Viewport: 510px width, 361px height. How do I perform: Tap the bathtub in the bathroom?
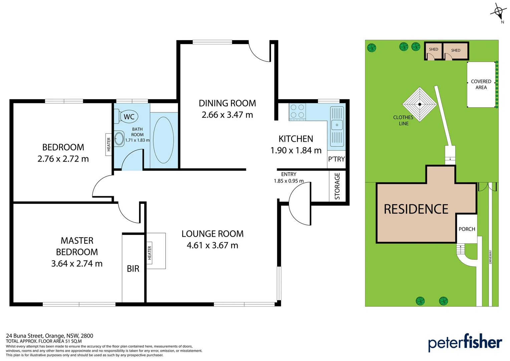tap(163, 140)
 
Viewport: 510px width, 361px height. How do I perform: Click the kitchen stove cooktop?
tap(297, 111)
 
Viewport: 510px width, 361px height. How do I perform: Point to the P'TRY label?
tap(336, 159)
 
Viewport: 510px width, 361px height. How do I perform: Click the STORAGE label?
tap(337, 186)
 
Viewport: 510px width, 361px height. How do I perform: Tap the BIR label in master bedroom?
tap(133, 269)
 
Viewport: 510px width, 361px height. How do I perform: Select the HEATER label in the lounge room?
tap(150, 253)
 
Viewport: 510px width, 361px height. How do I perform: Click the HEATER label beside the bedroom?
tap(108, 145)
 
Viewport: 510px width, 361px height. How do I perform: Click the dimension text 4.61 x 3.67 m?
tap(212, 245)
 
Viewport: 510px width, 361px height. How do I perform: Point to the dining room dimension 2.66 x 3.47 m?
tap(227, 115)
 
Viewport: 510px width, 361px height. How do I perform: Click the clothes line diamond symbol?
tap(420, 104)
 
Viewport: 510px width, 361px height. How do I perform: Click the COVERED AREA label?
tap(481, 84)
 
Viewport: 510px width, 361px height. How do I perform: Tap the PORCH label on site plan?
tap(467, 229)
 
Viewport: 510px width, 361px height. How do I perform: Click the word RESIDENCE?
tap(416, 209)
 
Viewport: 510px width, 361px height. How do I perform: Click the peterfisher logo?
tap(465, 343)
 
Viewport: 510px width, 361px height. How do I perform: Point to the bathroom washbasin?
tap(119, 139)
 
